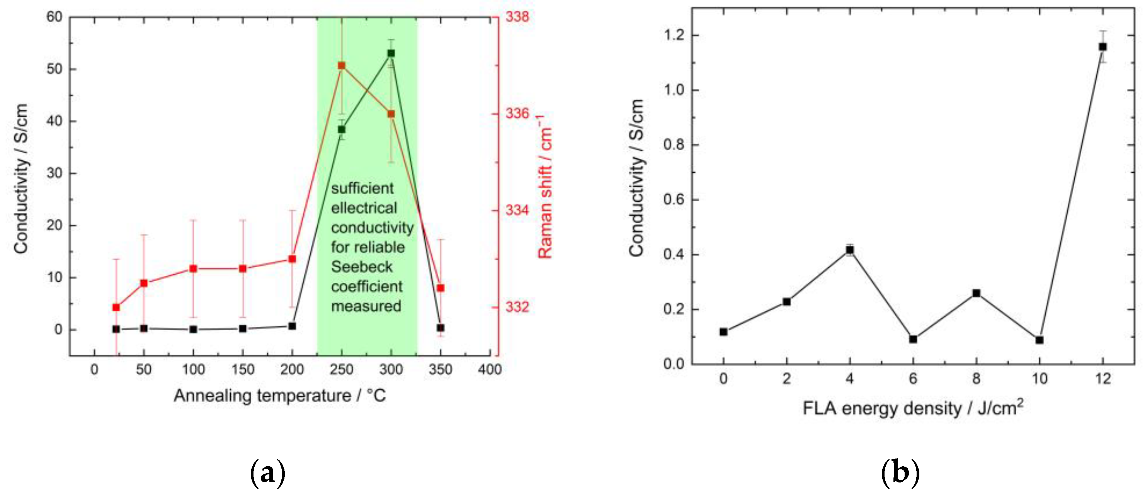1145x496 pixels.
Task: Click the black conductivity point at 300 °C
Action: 391,53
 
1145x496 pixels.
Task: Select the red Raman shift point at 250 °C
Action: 341,66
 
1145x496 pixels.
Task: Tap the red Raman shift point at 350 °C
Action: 441,288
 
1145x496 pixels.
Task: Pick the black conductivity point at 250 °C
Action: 341,129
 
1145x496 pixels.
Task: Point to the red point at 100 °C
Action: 193,268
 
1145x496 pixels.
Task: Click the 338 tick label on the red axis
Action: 517,17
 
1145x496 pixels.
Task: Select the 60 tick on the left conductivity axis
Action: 54,17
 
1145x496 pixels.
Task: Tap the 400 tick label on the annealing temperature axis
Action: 489,369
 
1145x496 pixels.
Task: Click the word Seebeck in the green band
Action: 362,267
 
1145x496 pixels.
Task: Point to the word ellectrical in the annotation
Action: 364,208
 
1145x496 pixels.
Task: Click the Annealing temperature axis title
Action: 279,396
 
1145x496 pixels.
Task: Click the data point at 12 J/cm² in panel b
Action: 1103,47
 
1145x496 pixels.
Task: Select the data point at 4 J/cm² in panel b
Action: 850,250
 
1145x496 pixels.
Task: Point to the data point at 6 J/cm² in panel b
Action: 913,339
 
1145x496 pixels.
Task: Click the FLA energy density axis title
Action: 913,408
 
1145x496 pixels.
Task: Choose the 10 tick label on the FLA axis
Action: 1039,379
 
